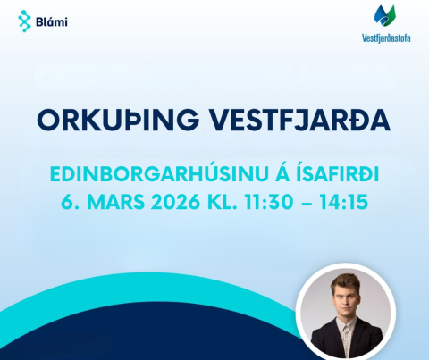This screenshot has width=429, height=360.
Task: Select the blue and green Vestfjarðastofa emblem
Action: coord(384,17)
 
